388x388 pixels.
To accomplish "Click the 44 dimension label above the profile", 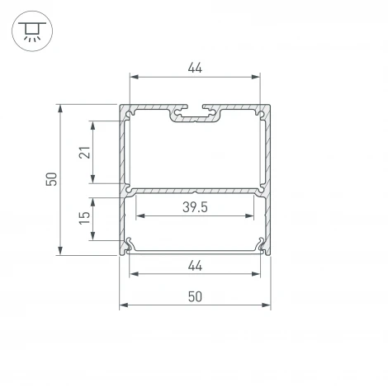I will click(195, 68).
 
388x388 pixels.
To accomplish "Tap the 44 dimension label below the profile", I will click(195, 265).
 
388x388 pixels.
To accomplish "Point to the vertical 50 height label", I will click(50, 179).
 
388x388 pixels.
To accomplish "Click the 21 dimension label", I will click(83, 153).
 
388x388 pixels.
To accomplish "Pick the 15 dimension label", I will click(83, 219).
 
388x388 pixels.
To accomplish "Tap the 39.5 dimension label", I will click(195, 207).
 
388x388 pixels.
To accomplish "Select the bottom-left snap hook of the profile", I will click(130, 244).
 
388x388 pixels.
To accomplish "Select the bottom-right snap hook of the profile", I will click(262, 244).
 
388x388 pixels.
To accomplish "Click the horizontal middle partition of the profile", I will click(196, 190).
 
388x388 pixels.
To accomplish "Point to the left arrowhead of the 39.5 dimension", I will click(139, 217).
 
